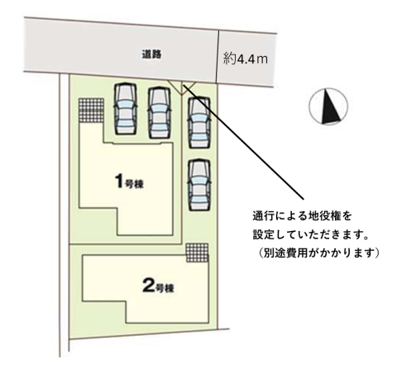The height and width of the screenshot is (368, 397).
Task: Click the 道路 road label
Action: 151,54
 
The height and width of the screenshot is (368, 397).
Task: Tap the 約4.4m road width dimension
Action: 246,59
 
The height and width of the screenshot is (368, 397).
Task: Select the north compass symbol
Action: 328,106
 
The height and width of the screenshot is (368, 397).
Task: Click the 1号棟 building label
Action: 129,182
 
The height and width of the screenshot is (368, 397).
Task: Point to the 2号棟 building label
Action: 158,286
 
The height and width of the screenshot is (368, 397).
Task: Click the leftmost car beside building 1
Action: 126,109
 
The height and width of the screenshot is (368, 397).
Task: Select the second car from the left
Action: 160,112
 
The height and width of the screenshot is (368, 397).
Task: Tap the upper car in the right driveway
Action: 199,122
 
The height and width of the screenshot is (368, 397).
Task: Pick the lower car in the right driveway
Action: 199,185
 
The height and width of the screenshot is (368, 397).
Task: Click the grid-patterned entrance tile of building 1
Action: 91,110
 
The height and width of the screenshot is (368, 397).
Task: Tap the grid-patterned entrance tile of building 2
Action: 197,252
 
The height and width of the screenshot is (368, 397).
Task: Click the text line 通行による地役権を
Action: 302,216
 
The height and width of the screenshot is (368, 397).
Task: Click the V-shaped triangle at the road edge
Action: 182,87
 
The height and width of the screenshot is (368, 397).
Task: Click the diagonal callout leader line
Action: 243,142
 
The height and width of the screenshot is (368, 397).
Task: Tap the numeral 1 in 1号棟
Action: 119,182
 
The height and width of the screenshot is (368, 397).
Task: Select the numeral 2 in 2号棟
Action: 148,286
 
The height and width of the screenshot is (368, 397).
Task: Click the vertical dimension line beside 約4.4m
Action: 218,57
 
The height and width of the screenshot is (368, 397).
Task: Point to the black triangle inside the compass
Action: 329,107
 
